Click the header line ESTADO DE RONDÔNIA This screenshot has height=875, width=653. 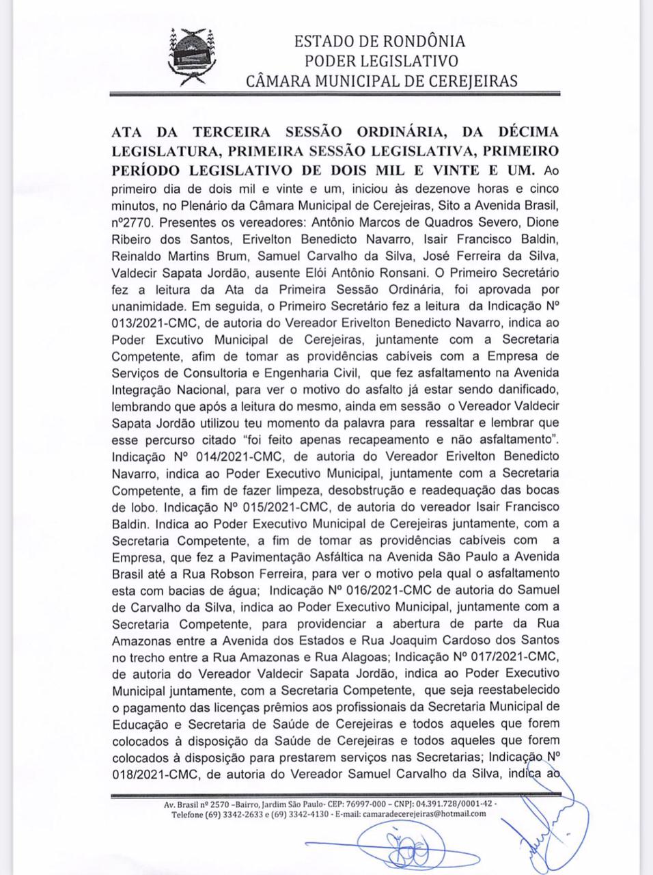point(380,41)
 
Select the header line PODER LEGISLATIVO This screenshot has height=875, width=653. point(381,61)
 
